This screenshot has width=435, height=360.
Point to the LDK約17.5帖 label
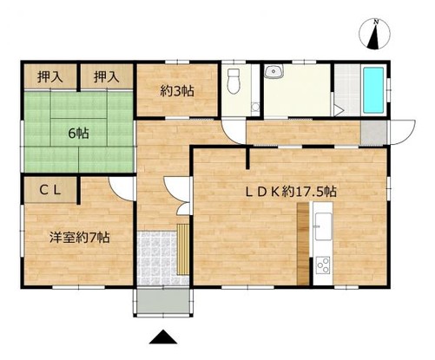click(293, 191)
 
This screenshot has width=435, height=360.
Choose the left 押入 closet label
click(49, 76)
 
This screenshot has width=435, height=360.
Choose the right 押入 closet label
click(106, 76)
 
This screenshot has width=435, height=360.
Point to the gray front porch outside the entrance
click(165, 300)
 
